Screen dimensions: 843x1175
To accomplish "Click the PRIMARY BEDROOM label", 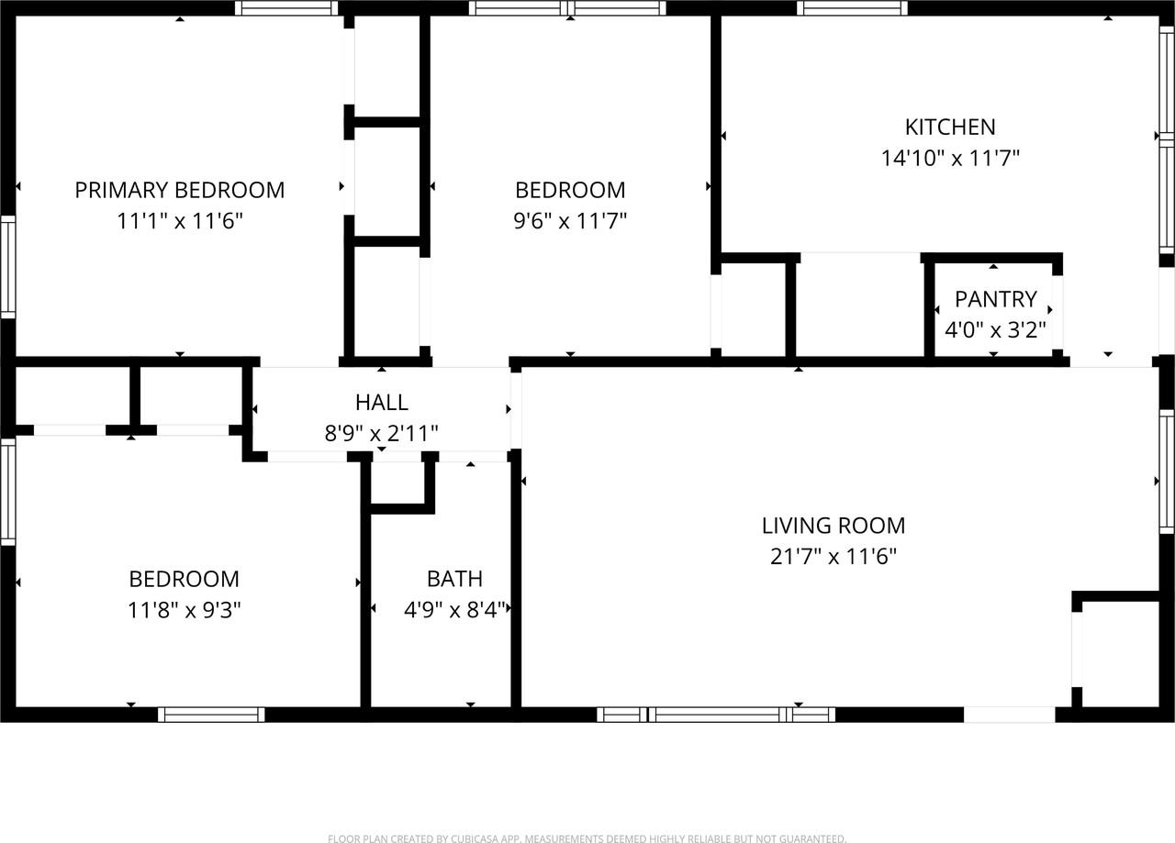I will click(179, 190).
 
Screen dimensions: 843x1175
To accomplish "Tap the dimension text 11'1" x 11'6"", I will click(179, 221).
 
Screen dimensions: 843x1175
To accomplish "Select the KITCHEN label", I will click(950, 127).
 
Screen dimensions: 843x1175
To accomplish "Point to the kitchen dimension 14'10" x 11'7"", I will click(950, 158).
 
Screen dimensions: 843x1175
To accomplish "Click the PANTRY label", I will click(995, 299).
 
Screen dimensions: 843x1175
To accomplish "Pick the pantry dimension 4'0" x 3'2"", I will click(995, 329).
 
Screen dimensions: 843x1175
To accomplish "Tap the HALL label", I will click(381, 402).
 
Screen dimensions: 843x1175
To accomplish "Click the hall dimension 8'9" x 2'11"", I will click(381, 433).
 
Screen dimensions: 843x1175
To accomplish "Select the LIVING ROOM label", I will click(833, 526).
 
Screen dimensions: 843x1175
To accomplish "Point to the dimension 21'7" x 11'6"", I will click(833, 557).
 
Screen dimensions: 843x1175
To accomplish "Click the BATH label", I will click(454, 579).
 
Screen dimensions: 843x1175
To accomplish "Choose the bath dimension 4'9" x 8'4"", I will click(454, 610).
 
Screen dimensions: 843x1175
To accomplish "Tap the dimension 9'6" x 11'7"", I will click(569, 221).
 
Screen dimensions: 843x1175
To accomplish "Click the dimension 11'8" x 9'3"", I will click(184, 610).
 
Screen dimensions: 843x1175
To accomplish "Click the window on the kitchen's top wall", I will click(852, 8).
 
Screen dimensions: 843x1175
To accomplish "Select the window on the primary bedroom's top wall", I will click(286, 8).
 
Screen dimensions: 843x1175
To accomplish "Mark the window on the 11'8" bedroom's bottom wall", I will click(211, 715).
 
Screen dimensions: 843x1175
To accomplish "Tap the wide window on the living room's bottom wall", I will click(716, 715).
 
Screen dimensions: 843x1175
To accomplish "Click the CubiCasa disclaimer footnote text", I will click(587, 838).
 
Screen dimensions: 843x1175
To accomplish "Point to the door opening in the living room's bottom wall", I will click(1009, 715).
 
